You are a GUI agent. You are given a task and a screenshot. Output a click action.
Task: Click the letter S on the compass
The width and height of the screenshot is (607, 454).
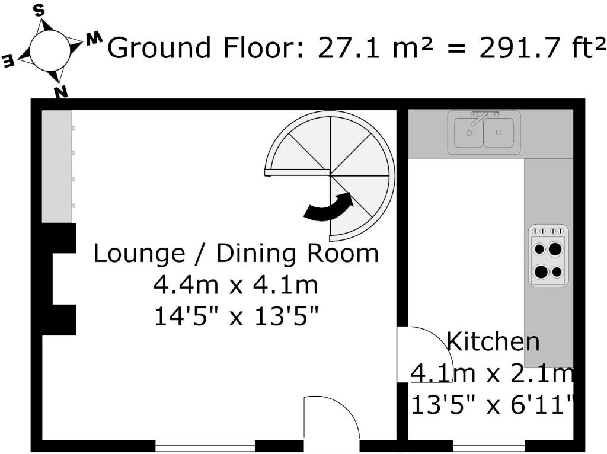[x=39, y=11]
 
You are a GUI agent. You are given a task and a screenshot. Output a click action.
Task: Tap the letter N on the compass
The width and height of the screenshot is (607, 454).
[x=61, y=92]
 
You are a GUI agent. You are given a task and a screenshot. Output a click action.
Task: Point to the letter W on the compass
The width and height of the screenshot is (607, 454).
[x=94, y=39]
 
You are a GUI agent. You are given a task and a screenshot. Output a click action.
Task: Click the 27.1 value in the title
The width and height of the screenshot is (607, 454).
[x=348, y=47]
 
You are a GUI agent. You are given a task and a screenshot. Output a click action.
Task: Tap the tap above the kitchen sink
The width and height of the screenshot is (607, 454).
[x=484, y=117]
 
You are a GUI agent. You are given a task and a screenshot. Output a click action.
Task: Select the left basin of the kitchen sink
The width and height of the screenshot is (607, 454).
[x=469, y=133]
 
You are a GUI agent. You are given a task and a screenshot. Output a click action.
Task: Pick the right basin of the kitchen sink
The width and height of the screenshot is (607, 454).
[x=499, y=133]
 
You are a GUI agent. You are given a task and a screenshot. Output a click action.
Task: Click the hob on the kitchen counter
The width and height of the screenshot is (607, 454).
[x=548, y=256]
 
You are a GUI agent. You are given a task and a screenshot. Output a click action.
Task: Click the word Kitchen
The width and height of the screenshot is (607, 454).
[x=493, y=341]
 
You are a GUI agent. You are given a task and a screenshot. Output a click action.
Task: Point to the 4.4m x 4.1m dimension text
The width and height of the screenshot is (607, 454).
[x=236, y=285]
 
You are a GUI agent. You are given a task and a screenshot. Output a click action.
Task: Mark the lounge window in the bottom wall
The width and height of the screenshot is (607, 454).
[x=205, y=446]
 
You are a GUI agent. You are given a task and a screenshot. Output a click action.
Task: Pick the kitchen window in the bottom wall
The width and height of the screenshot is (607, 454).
[x=489, y=446]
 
